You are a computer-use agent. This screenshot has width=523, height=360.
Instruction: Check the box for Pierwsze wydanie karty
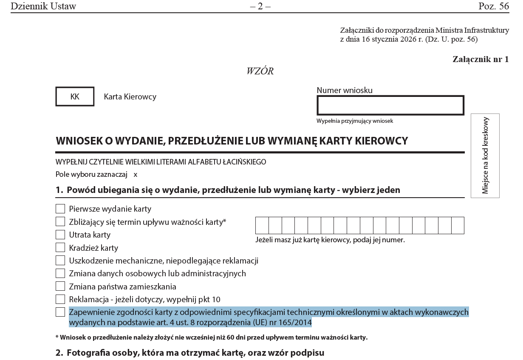tap(60, 209)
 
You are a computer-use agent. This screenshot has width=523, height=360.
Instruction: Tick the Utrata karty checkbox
tap(60, 235)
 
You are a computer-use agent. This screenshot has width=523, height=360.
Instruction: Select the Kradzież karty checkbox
tap(60, 247)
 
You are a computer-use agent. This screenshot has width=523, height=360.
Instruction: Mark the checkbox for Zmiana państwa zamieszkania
tap(60, 286)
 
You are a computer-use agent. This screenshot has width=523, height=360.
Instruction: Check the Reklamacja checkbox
tap(60, 299)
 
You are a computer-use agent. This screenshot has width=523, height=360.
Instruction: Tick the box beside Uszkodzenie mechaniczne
tap(60, 261)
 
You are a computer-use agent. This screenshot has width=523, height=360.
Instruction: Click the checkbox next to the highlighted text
tap(60, 312)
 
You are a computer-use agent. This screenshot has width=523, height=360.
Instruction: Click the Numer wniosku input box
tap(390, 105)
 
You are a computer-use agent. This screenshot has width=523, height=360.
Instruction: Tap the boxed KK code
tap(75, 97)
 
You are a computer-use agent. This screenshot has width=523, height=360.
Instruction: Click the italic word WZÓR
tap(260, 71)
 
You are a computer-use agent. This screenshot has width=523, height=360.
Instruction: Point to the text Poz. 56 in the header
tap(493, 6)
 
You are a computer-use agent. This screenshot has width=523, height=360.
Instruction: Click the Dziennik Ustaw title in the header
tap(43, 6)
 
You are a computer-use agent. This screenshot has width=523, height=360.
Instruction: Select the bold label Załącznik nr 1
tap(481, 60)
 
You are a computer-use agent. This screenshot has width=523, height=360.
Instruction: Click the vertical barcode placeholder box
tap(485, 156)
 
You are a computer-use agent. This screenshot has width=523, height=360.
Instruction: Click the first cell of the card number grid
tap(262, 225)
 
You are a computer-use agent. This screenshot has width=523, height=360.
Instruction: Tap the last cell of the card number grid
tap(458, 225)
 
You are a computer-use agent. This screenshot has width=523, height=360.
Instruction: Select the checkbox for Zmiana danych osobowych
tap(60, 273)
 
